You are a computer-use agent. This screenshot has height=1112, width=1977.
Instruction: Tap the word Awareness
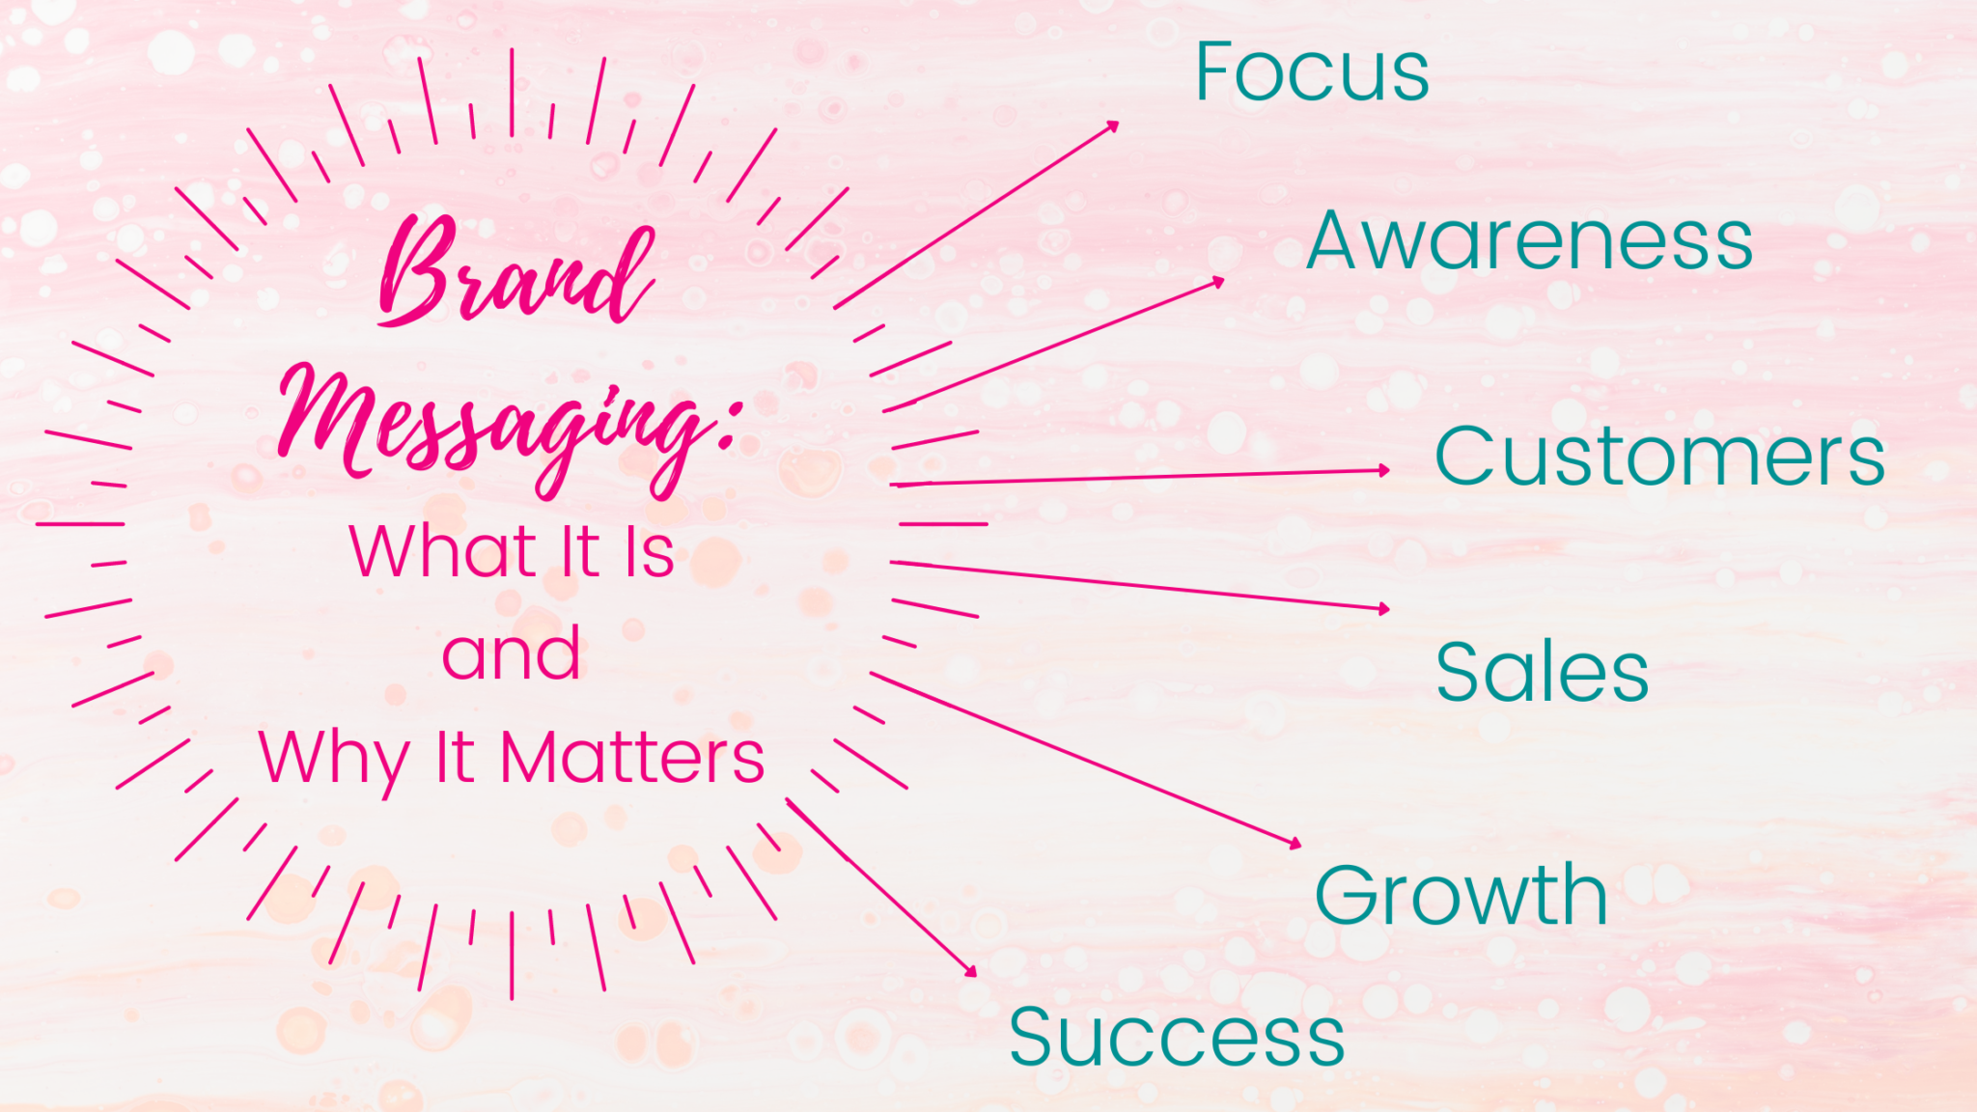point(1529,240)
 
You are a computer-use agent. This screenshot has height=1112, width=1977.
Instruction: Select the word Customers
point(1659,457)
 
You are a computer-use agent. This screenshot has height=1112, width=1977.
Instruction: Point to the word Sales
point(1542,672)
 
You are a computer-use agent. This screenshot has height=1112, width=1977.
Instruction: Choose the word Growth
point(1461,895)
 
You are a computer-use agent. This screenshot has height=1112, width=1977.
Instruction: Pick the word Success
point(1177,1038)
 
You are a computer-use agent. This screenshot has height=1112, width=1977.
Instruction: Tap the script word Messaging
point(492,430)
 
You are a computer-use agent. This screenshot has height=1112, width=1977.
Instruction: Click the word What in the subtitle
point(442,552)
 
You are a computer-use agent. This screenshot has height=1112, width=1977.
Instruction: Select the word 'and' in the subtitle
point(511,654)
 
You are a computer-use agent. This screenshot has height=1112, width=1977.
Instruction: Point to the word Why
point(334,759)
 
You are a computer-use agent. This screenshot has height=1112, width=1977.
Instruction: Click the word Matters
point(632,758)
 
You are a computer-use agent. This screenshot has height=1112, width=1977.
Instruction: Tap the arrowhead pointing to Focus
point(1113,125)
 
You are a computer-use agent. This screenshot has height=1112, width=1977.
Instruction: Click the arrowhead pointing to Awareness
point(1218,282)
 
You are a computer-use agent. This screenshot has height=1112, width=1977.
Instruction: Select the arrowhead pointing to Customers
point(1384,470)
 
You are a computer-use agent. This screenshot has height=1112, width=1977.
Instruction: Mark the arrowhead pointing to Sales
point(1384,608)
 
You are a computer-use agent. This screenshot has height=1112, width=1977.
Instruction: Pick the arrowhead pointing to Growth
point(1295,844)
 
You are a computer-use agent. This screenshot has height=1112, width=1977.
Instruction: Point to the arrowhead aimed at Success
point(971,971)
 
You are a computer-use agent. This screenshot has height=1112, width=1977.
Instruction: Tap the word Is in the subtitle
point(649,552)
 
